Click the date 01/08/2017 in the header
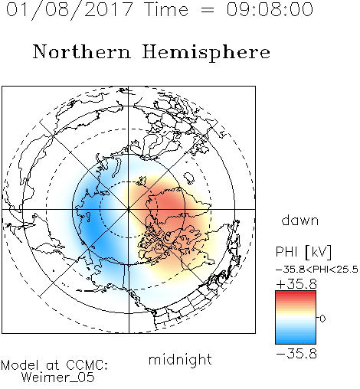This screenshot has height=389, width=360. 69,10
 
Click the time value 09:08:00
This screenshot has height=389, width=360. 270,9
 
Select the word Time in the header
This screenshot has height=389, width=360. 166,9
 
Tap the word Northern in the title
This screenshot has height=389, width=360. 82,51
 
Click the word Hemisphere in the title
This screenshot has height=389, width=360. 206,53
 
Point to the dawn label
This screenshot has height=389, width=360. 300,220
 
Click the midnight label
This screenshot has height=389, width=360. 180,359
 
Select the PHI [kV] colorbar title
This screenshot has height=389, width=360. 303,252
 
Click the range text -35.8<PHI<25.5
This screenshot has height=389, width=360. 317,270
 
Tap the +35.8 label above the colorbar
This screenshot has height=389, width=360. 296,284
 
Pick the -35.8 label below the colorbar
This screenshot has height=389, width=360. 296,354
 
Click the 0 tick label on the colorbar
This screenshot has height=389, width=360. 322,319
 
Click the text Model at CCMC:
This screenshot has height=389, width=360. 54,365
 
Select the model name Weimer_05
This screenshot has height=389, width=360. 58,378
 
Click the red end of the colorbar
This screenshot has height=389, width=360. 296,293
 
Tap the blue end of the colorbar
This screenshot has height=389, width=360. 296,342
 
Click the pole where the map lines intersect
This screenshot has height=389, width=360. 129,209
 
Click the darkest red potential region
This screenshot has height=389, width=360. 169,204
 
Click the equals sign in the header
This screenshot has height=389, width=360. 208,10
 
